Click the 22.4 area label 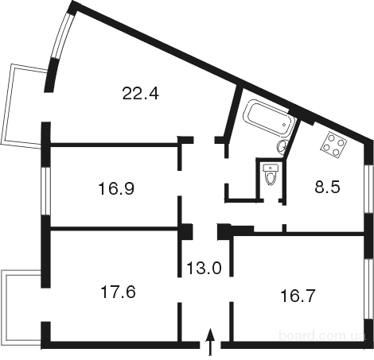click(141, 93)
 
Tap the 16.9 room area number click(116, 188)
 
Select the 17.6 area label click(119, 292)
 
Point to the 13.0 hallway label click(204, 268)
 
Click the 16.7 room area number click(298, 296)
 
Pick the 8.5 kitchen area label click(327, 187)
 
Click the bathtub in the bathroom click(269, 118)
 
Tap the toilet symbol click(271, 174)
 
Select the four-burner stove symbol click(334, 145)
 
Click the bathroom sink click(282, 146)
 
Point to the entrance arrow click(210, 342)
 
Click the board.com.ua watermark click(322, 336)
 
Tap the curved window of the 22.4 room click(61, 35)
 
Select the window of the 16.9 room click(46, 191)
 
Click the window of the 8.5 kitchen click(368, 188)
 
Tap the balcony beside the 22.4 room click(25, 105)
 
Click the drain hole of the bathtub click(284, 125)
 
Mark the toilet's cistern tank click(271, 168)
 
